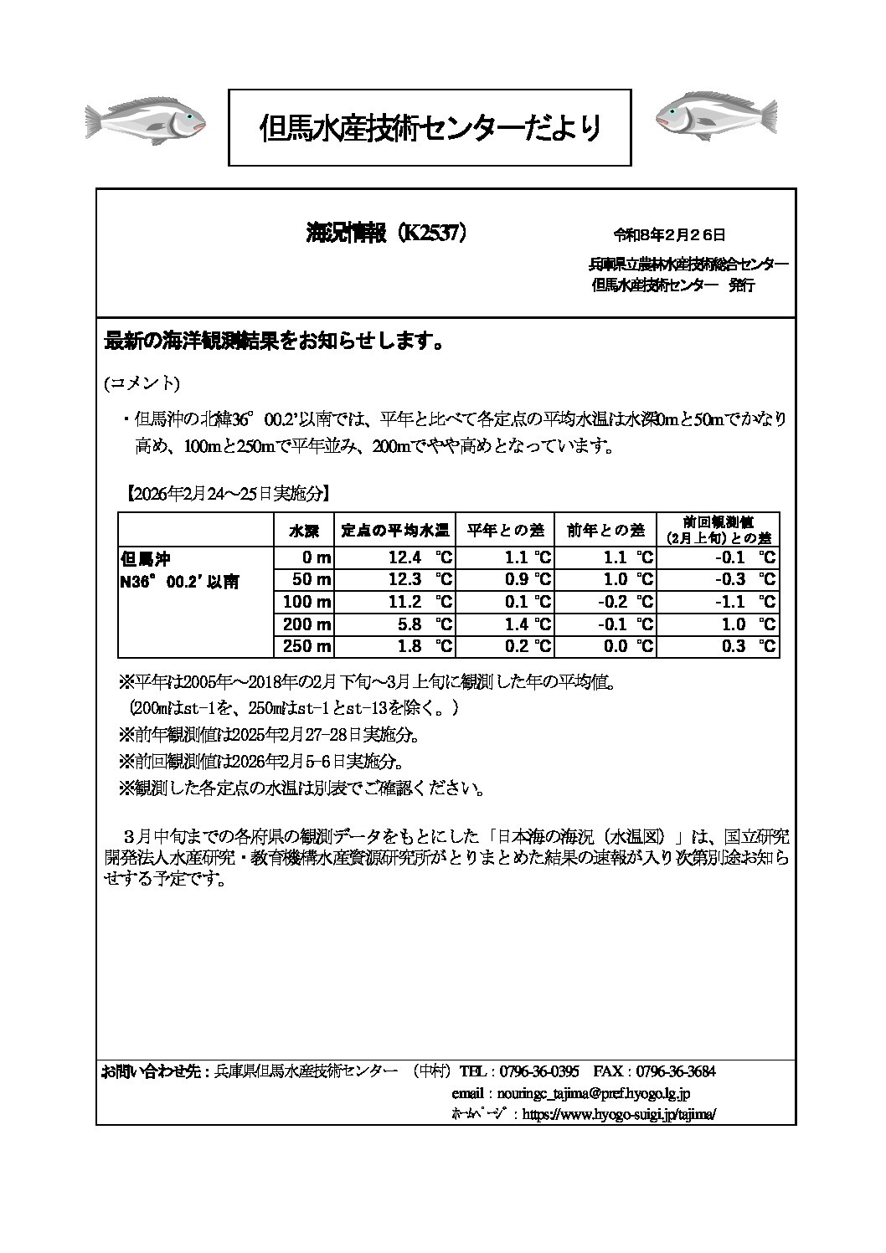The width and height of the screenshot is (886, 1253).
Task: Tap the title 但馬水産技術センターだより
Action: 430,128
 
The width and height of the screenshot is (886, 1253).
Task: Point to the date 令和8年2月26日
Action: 669,235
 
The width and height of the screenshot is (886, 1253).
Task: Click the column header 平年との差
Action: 505,530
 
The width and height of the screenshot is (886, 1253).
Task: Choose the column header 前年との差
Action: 605,530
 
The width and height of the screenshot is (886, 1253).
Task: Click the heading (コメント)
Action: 142,383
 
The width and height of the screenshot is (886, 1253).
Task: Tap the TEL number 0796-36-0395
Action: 539,1071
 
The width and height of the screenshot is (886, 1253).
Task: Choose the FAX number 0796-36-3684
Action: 676,1071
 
